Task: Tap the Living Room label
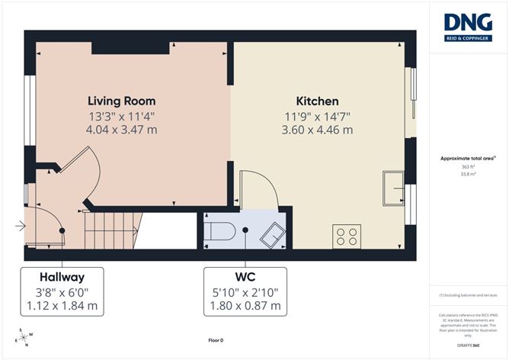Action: [x=121, y=101]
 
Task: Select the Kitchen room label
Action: [x=317, y=101]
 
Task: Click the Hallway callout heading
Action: [x=62, y=277]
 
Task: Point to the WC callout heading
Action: [x=245, y=277]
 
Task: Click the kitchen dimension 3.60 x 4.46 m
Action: [x=317, y=130]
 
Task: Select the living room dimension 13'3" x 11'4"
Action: [x=121, y=116]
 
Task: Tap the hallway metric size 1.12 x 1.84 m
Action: [x=62, y=306]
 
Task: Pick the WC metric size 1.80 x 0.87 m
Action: [x=245, y=306]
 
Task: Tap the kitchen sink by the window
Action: [x=395, y=188]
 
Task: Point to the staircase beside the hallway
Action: [x=113, y=230]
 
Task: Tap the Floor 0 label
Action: [x=216, y=340]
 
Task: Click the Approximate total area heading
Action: [x=467, y=158]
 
